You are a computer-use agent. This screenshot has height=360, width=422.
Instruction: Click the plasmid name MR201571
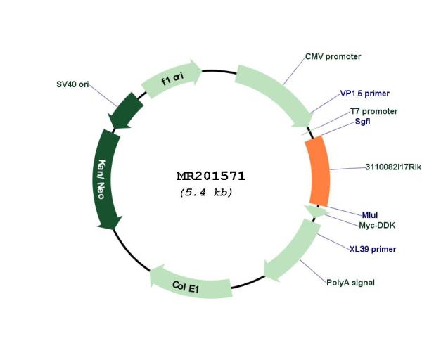tap(211, 176)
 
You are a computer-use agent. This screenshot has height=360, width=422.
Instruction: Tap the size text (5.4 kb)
tap(206, 193)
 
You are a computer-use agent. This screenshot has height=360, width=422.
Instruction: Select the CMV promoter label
tap(333, 57)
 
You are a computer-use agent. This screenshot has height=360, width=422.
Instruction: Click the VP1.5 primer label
tap(364, 94)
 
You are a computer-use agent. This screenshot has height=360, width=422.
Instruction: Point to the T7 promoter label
tap(373, 111)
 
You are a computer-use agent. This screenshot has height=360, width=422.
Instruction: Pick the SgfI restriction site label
tap(362, 122)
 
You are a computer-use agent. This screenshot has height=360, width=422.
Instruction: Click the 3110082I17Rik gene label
tap(393, 167)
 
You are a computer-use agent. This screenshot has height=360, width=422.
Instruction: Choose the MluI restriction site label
tap(370, 215)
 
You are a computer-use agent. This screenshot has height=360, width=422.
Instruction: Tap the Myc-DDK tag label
tap(377, 226)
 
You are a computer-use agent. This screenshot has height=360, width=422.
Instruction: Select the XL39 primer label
tap(373, 249)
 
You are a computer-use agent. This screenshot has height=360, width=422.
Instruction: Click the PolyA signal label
tap(350, 283)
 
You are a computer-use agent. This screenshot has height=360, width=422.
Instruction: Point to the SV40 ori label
tap(72, 84)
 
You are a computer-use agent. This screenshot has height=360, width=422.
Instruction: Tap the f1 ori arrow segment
tap(172, 77)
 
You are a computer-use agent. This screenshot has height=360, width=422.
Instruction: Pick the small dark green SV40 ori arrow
tap(125, 111)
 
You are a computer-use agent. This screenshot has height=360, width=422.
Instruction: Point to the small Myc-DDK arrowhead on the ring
tap(316, 211)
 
